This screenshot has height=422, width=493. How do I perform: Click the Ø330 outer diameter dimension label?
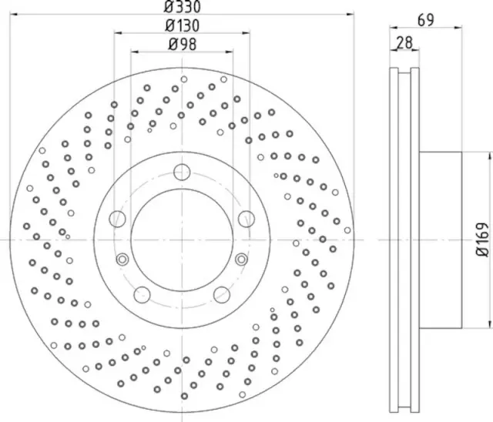click(x=182, y=7)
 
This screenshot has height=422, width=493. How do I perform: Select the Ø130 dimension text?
click(x=182, y=25)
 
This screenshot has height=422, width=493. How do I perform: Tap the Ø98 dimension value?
click(x=182, y=44)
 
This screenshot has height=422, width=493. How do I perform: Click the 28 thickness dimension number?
click(x=403, y=44)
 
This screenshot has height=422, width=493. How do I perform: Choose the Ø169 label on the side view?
click(x=481, y=240)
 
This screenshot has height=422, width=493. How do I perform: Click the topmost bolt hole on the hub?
click(x=182, y=171)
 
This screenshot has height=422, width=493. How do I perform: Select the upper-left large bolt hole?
click(x=119, y=218)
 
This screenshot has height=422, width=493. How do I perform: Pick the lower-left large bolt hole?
click(x=142, y=293)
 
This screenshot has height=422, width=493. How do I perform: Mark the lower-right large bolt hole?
click(x=222, y=293)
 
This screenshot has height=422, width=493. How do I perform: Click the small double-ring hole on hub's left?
click(x=122, y=258)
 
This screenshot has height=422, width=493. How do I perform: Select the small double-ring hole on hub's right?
click(x=241, y=258)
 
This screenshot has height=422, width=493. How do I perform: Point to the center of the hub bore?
click(x=182, y=239)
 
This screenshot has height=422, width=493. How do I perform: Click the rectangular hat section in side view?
click(x=441, y=239)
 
